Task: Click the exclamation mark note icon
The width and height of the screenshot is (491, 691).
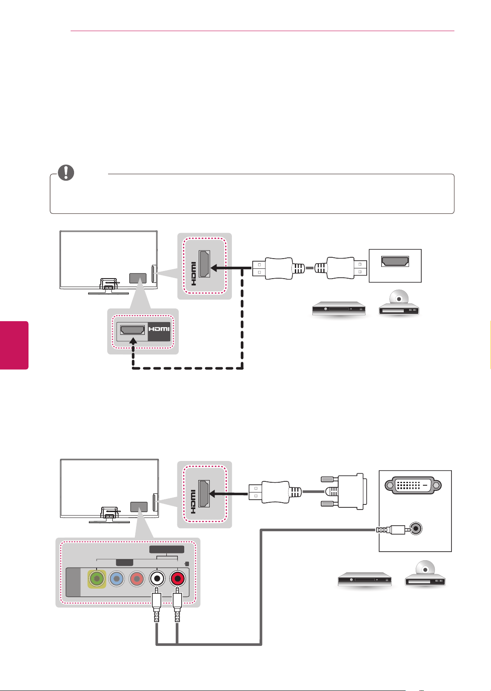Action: click(x=66, y=173)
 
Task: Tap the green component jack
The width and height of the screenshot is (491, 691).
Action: click(x=97, y=579)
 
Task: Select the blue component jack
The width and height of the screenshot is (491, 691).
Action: click(x=117, y=579)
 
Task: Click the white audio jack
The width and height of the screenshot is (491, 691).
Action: click(x=157, y=579)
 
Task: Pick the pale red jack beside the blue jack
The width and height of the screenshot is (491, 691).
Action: click(x=137, y=579)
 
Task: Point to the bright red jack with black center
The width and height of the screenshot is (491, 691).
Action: click(x=177, y=579)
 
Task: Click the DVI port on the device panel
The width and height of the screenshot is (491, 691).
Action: click(x=413, y=485)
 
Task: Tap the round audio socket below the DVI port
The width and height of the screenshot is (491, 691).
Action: click(x=416, y=529)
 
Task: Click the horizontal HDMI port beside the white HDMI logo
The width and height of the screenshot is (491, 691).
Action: click(x=132, y=330)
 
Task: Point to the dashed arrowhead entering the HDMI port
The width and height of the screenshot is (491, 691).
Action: click(x=133, y=341)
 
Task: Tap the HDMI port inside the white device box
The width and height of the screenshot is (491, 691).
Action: click(x=395, y=261)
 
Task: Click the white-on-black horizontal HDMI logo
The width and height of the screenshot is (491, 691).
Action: click(x=159, y=331)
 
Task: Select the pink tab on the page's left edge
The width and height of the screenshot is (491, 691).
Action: click(x=14, y=345)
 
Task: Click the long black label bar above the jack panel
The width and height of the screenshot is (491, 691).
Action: click(x=167, y=550)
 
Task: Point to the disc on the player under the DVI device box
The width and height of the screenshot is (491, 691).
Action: click(x=425, y=569)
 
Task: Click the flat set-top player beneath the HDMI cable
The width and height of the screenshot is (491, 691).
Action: click(x=339, y=308)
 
